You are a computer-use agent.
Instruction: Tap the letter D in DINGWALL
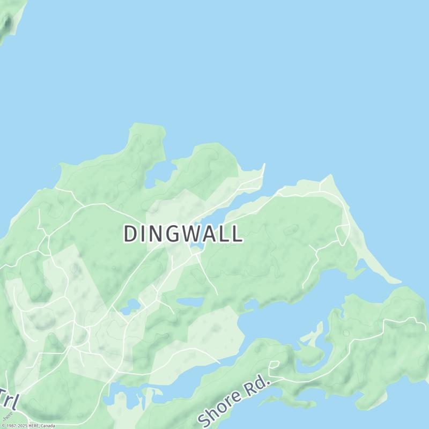tap(130, 234)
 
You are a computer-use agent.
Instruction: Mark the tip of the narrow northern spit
tap(264, 165)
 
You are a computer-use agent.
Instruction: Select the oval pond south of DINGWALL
tap(191, 302)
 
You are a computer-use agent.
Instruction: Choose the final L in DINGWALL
tap(236, 234)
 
